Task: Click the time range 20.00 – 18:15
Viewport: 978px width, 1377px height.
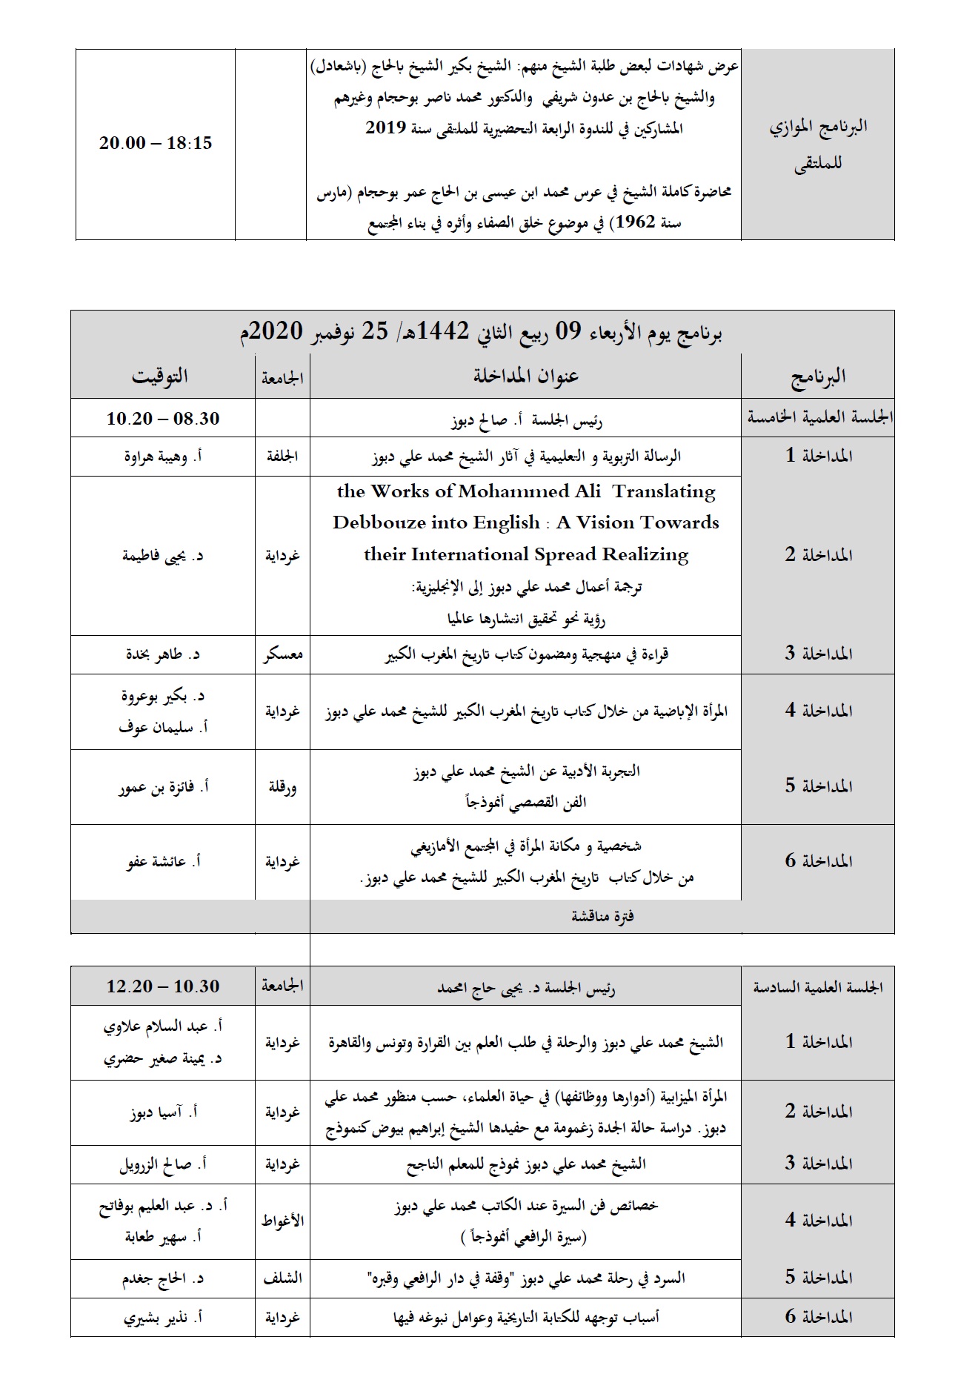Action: point(156,144)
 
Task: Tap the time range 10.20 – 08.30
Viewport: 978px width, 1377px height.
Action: point(163,419)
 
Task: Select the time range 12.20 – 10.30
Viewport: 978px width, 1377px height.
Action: point(163,986)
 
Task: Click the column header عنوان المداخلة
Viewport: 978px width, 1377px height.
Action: point(526,376)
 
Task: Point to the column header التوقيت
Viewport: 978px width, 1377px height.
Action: point(160,376)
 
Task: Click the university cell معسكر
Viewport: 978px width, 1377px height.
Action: point(282,655)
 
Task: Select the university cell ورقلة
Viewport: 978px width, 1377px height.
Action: point(282,787)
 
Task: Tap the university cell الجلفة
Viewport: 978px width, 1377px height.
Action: point(282,457)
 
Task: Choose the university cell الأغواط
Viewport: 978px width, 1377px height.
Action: point(282,1221)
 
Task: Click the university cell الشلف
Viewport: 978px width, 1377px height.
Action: point(282,1278)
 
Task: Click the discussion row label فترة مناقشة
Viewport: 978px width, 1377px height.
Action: point(602,917)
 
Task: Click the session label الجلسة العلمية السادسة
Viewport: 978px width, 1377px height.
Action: point(818,987)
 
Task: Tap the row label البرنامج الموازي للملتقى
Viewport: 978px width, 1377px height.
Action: point(818,145)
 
